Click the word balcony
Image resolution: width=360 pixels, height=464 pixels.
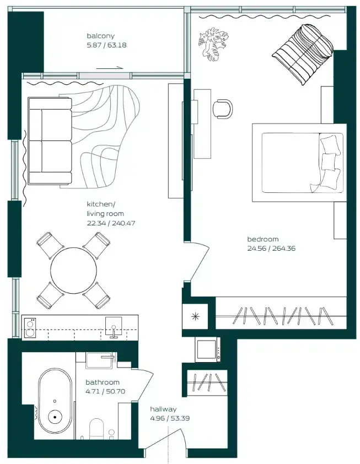click(100, 36)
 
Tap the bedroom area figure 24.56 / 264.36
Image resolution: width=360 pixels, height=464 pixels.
click(271, 249)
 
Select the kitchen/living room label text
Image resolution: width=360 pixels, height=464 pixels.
click(105, 209)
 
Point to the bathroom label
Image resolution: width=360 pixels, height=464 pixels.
click(103, 382)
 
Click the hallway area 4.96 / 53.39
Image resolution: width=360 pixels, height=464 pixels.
click(170, 418)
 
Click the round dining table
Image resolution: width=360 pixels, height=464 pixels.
click(73, 271)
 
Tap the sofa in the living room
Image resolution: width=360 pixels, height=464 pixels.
click(50, 141)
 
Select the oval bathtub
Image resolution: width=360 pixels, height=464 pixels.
click(55, 405)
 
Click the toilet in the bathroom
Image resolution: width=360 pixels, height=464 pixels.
click(96, 429)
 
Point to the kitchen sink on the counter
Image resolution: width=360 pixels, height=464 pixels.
click(114, 327)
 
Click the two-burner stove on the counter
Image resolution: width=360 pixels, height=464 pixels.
click(30, 328)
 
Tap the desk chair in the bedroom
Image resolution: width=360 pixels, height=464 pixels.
click(223, 109)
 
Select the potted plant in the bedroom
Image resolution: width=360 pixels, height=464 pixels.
click(213, 44)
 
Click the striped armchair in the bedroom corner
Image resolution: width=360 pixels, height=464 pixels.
click(303, 54)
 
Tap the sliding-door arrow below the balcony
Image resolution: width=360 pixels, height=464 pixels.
click(110, 68)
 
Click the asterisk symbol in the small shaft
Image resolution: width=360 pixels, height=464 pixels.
click(195, 317)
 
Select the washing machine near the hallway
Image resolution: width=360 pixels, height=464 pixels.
click(207, 349)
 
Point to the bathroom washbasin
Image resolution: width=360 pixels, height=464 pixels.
click(100, 360)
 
